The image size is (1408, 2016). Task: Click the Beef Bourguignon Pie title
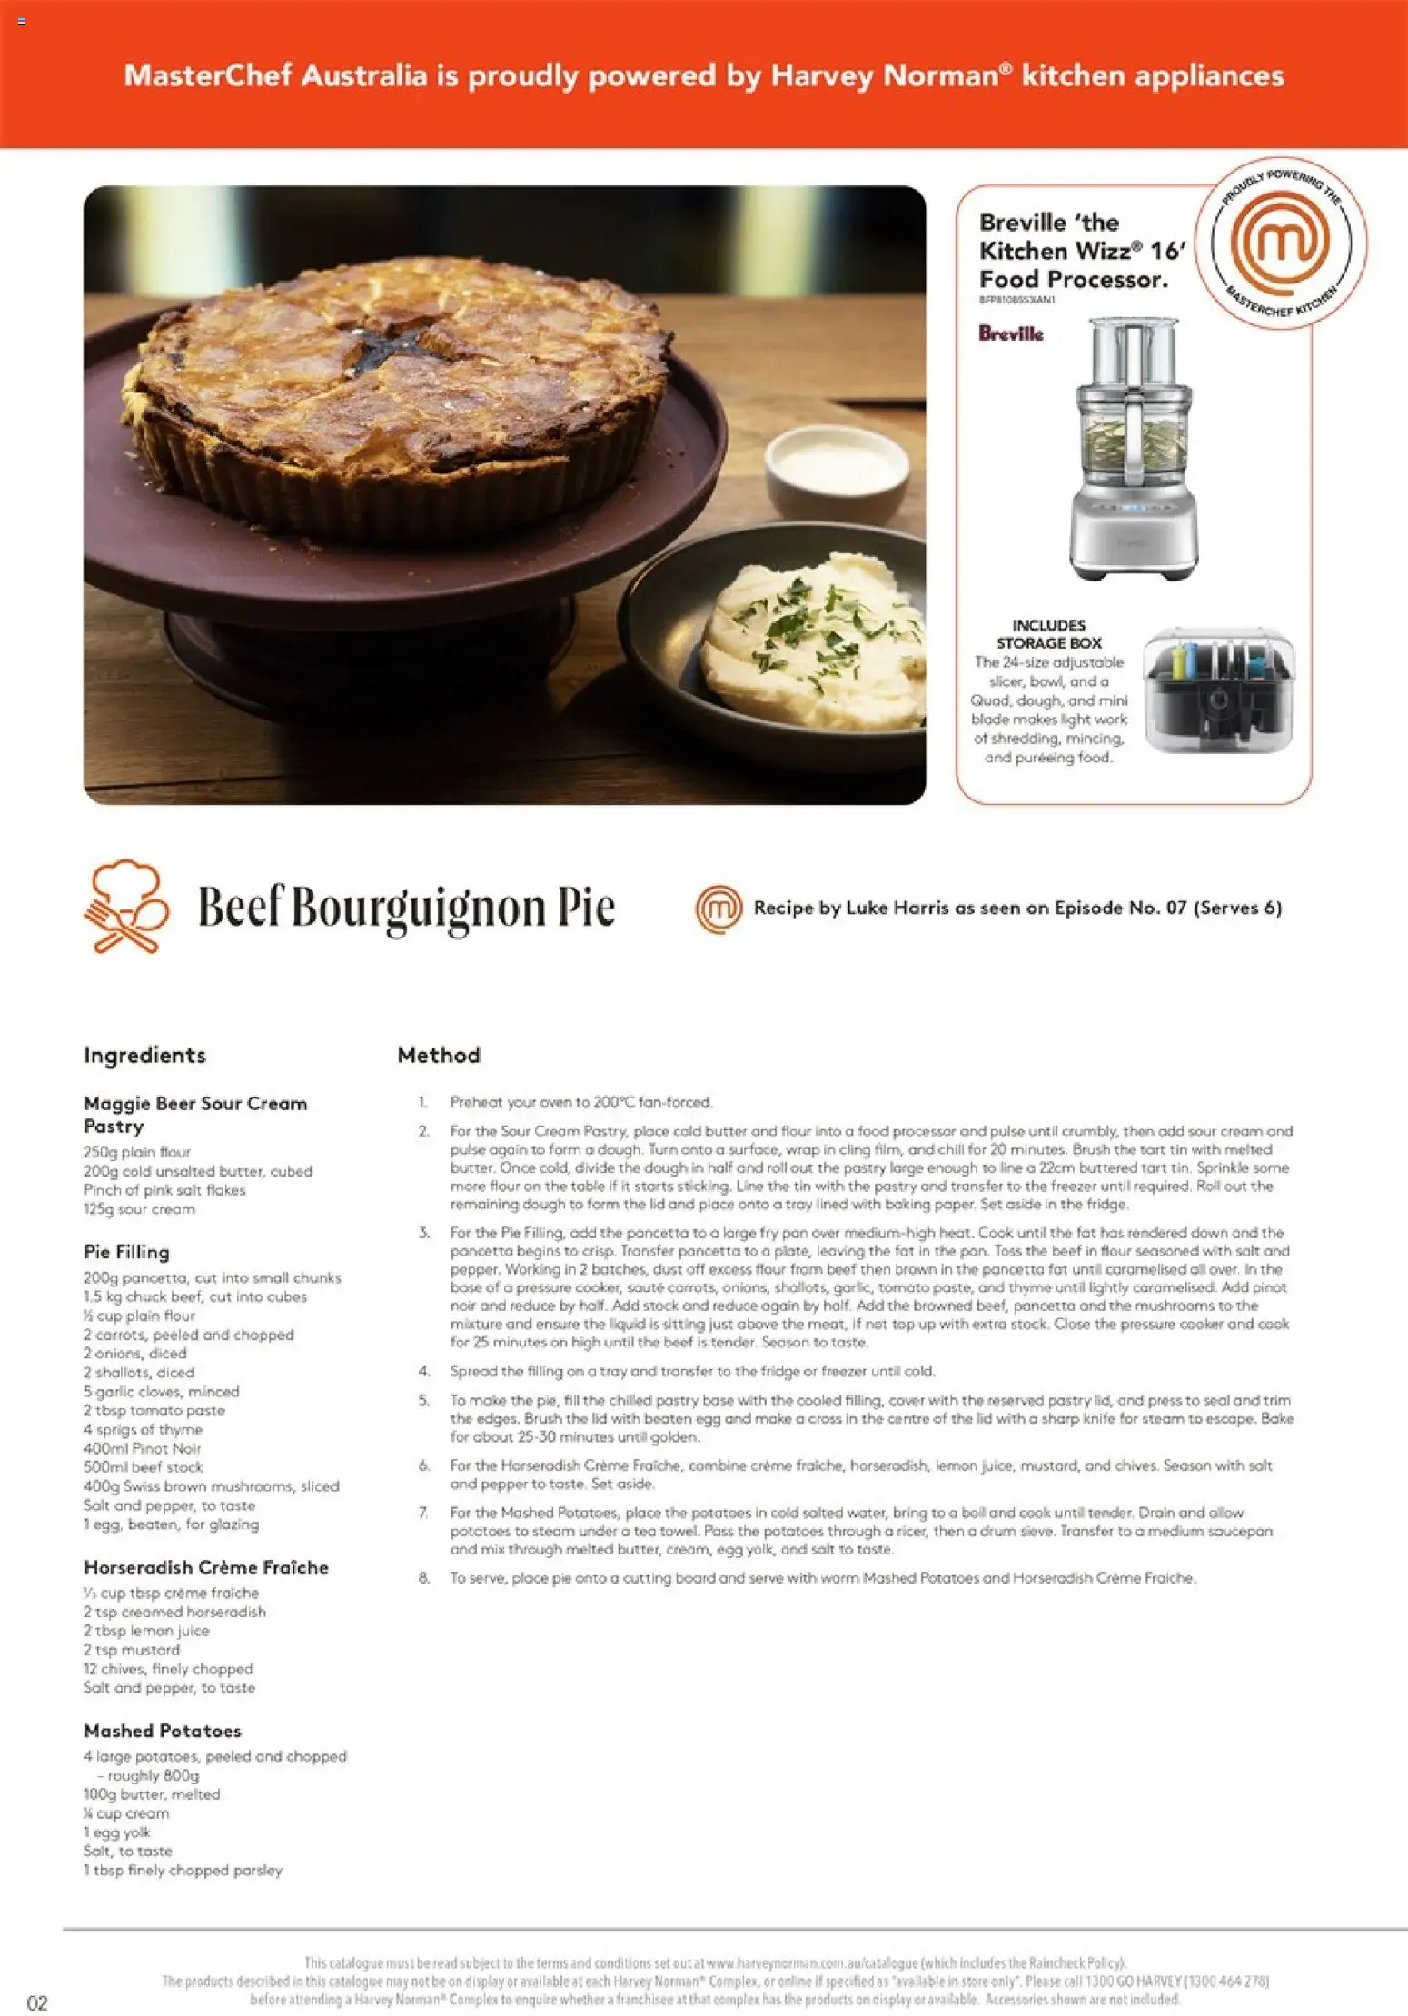coord(406,908)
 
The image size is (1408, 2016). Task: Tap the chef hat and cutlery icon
coord(126,906)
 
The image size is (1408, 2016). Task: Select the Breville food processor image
coord(1133,449)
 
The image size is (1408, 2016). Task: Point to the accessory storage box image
coord(1219,690)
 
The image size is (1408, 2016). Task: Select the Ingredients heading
coord(144,1055)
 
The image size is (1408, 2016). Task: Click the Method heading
coord(439,1055)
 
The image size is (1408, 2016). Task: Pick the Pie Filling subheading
coord(126,1252)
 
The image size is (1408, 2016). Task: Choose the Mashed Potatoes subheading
coord(163,1731)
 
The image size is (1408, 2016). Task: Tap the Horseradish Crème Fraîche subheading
coord(206,1567)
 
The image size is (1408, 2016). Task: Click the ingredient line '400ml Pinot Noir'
coord(143,1448)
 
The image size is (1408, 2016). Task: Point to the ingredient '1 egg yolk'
coord(117,1832)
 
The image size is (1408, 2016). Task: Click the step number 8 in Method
coord(424,1578)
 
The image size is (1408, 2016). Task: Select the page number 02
coord(37,2002)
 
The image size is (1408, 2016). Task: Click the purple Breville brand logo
coord(1011,333)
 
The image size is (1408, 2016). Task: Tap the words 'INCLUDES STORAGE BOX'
coord(1049,634)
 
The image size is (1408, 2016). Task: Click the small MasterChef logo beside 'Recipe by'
coord(719,908)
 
